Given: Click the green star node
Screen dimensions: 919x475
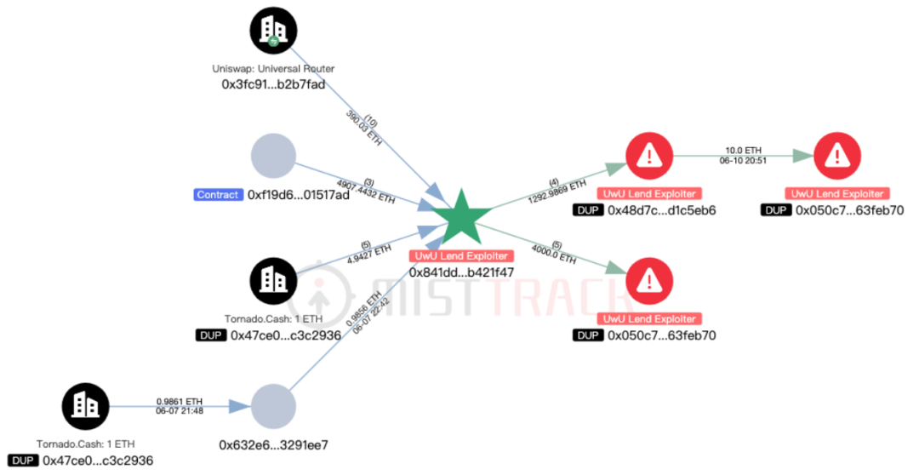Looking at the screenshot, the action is tap(462, 218).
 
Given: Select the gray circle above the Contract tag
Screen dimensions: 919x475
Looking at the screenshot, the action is tap(273, 156).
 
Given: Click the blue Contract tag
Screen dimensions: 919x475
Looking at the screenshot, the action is tap(218, 195).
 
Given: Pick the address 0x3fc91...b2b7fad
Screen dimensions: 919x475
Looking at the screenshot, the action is tap(273, 84).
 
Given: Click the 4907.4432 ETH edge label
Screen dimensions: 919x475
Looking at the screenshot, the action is tap(366, 192).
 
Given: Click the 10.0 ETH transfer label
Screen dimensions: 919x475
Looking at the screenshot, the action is tap(743, 151).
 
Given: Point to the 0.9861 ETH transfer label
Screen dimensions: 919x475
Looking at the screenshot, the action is tap(180, 402).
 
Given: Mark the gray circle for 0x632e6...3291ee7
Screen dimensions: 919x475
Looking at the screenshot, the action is tap(273, 406).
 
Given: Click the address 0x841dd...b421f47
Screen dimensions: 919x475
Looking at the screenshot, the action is tap(462, 272).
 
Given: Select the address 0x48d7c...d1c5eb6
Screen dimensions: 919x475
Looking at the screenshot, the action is tap(662, 210).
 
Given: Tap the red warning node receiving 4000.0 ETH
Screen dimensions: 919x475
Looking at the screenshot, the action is tap(649, 281).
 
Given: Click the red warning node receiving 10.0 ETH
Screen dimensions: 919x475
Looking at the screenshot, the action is tap(837, 156).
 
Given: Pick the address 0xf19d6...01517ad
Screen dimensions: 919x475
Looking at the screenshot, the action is tap(299, 195).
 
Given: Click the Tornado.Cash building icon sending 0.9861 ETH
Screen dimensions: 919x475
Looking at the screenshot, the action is tap(86, 406).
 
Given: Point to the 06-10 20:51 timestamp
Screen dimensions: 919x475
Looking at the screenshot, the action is tap(743, 160).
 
